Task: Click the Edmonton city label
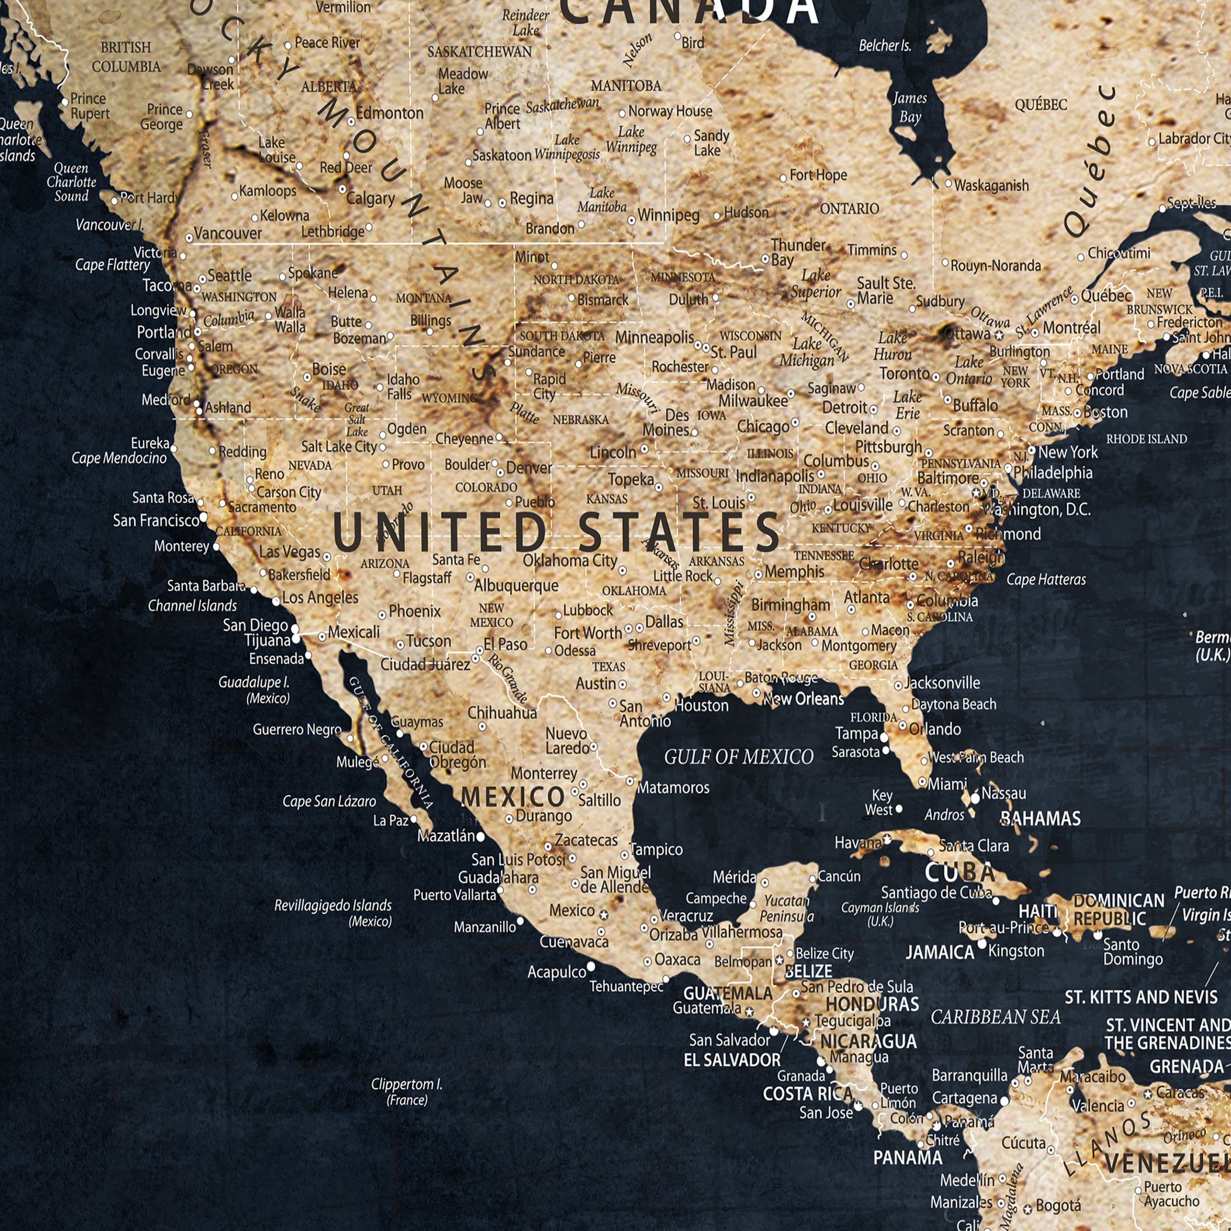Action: click(x=389, y=113)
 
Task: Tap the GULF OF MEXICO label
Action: click(x=739, y=757)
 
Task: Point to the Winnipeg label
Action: click(x=668, y=215)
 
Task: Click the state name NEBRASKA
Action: click(x=581, y=420)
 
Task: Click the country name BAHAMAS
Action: click(x=1041, y=819)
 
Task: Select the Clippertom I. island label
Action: click(x=406, y=1091)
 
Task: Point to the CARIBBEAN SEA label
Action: click(x=995, y=1017)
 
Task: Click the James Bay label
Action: click(x=910, y=107)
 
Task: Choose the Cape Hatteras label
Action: click(x=1046, y=579)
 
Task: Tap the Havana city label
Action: click(x=858, y=843)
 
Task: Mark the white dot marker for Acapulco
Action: click(x=591, y=967)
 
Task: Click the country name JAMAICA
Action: click(x=940, y=953)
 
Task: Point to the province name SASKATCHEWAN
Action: click(x=479, y=52)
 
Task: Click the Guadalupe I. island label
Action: click(x=254, y=690)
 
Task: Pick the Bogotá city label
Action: click(x=1058, y=1205)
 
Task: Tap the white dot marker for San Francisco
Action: click(x=203, y=517)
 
